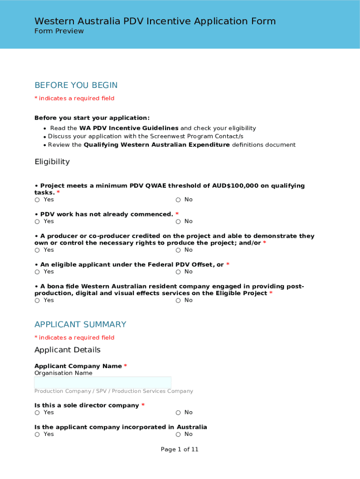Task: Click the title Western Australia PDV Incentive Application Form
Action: coord(155,21)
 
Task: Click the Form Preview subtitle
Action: coord(59,31)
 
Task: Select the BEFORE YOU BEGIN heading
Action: coord(76,85)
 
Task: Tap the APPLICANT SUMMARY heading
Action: coord(80,324)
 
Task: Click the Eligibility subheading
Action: coord(52,162)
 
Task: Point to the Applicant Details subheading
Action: coord(67,350)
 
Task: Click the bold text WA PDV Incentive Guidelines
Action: coord(129,128)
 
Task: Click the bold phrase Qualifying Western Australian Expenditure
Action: coord(157,145)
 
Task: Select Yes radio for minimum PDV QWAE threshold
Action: coord(37,200)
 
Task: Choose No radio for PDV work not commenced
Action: coord(179,222)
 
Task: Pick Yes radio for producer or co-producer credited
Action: coord(37,250)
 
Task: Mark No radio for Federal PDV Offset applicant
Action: coord(179,272)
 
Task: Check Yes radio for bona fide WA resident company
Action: coord(37,301)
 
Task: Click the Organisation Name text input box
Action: coord(103,383)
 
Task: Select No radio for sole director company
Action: coord(179,413)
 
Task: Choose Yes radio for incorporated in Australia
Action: coord(37,435)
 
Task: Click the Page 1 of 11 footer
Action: coord(180,450)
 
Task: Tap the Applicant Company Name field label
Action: coord(78,366)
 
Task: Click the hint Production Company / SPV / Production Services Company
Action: coord(114,392)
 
